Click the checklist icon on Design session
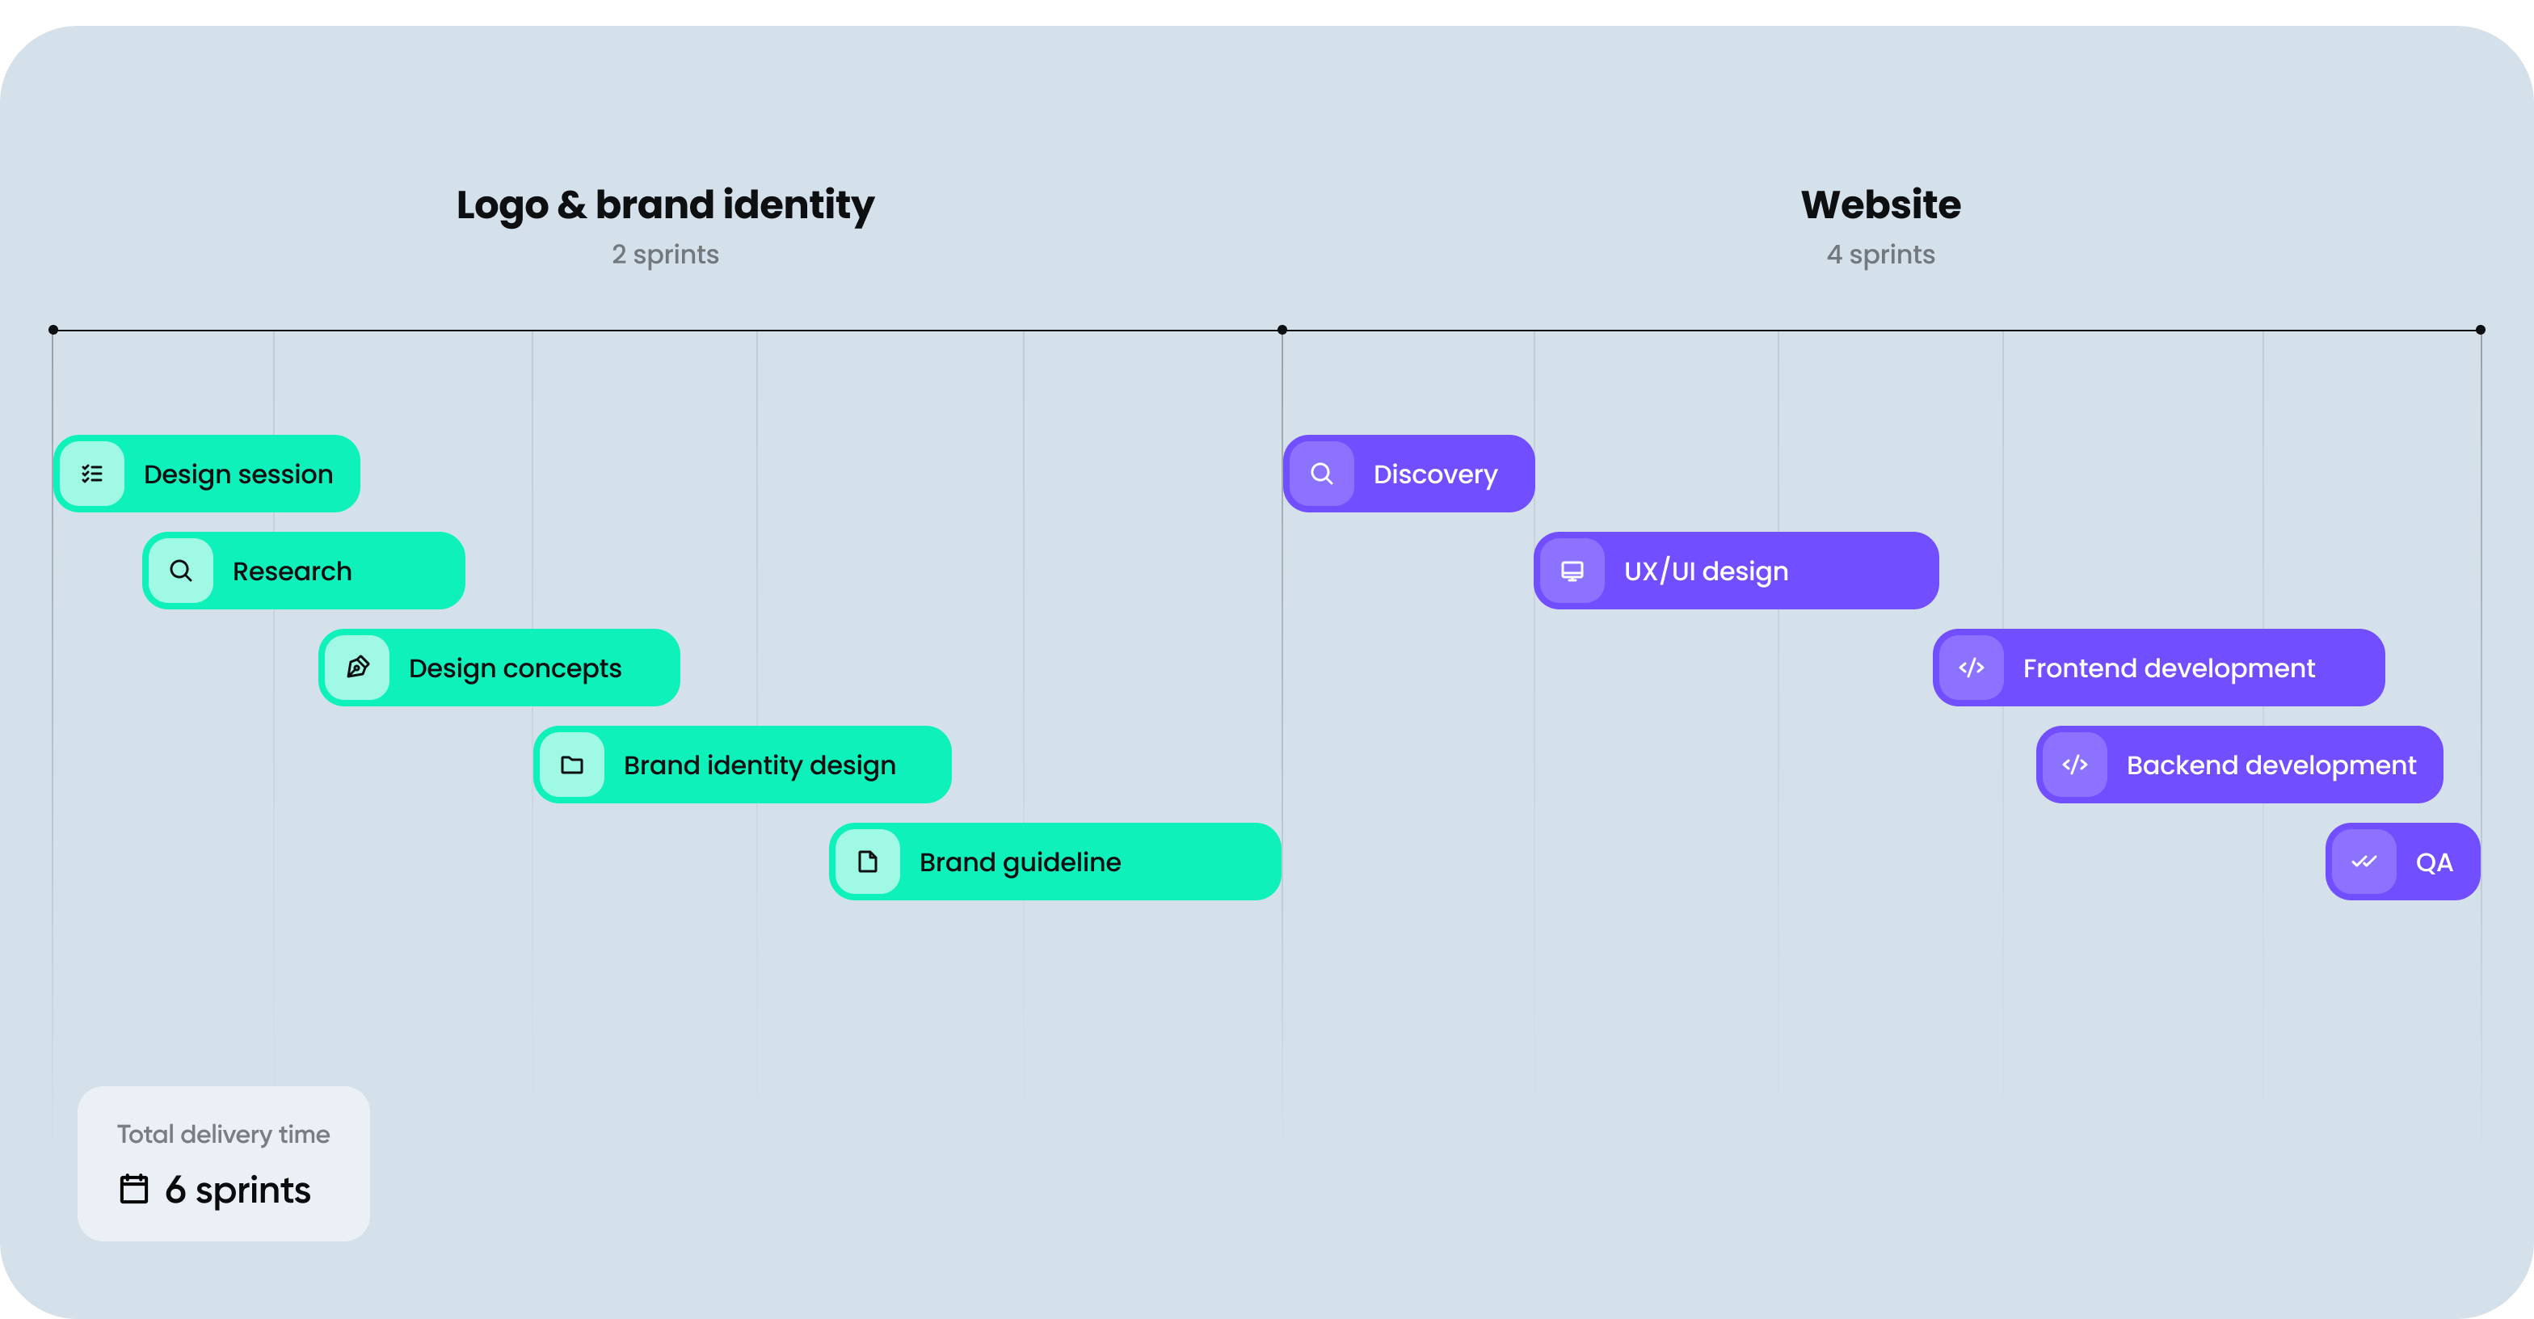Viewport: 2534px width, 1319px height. point(92,474)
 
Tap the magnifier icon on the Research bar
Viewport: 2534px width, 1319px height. point(181,571)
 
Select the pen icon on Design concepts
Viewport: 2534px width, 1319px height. point(358,667)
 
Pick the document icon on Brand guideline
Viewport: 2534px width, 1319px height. point(868,862)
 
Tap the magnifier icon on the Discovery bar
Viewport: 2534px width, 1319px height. point(1322,474)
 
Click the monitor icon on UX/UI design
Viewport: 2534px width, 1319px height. point(1572,571)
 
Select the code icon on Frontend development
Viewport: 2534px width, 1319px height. point(1972,668)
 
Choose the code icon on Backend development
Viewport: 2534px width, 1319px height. point(2074,765)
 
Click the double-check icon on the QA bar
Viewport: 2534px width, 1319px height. point(2364,862)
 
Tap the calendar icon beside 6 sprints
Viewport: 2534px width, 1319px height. point(134,1188)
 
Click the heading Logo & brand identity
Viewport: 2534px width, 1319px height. point(665,204)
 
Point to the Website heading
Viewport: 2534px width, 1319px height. point(1881,204)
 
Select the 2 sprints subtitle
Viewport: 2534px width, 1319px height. point(665,255)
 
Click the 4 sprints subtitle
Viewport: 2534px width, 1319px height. point(1881,255)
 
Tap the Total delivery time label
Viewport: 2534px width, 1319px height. point(223,1134)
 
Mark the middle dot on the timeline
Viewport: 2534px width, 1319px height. point(1282,331)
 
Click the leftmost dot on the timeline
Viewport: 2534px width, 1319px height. point(53,331)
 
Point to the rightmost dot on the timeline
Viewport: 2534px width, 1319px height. point(2480,331)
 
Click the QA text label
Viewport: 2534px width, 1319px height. point(2434,862)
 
